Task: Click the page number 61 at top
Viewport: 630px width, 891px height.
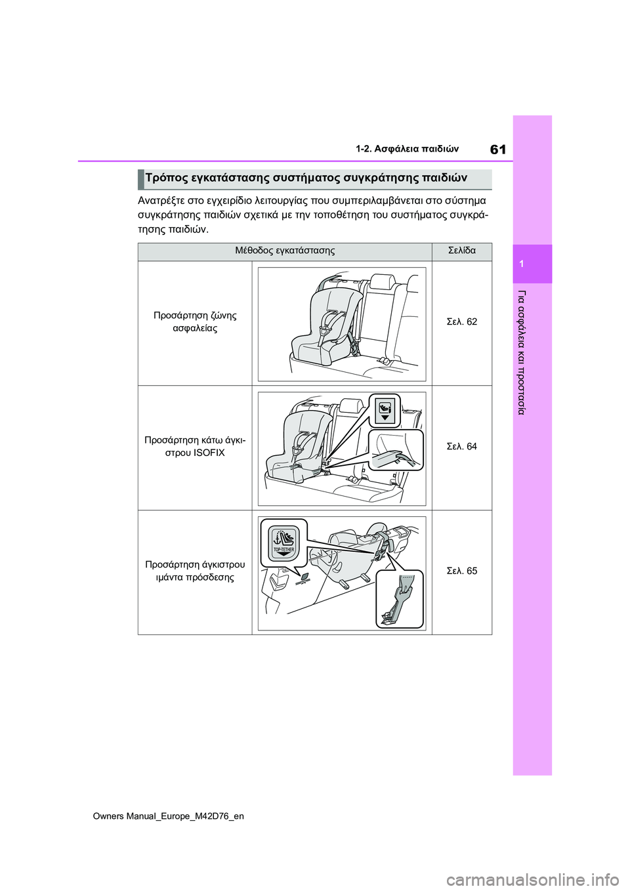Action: tap(498, 150)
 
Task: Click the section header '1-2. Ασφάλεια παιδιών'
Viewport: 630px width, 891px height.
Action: tap(407, 149)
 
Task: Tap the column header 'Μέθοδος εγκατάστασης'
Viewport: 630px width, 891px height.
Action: tap(285, 251)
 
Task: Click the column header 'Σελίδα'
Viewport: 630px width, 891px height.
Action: tap(461, 251)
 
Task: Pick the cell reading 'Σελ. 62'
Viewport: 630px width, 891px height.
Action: tap(461, 321)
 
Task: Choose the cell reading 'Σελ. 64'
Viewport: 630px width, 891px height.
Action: tap(461, 446)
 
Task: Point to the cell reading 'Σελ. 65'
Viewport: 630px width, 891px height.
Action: tap(461, 571)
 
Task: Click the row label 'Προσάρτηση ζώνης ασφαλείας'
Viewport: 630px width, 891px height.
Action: tap(195, 321)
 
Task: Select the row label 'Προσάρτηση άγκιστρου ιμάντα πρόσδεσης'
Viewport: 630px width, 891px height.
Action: tap(195, 571)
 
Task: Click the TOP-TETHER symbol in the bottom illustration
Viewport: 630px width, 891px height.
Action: tap(283, 543)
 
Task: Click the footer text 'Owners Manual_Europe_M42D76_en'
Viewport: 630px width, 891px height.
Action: tap(169, 816)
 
